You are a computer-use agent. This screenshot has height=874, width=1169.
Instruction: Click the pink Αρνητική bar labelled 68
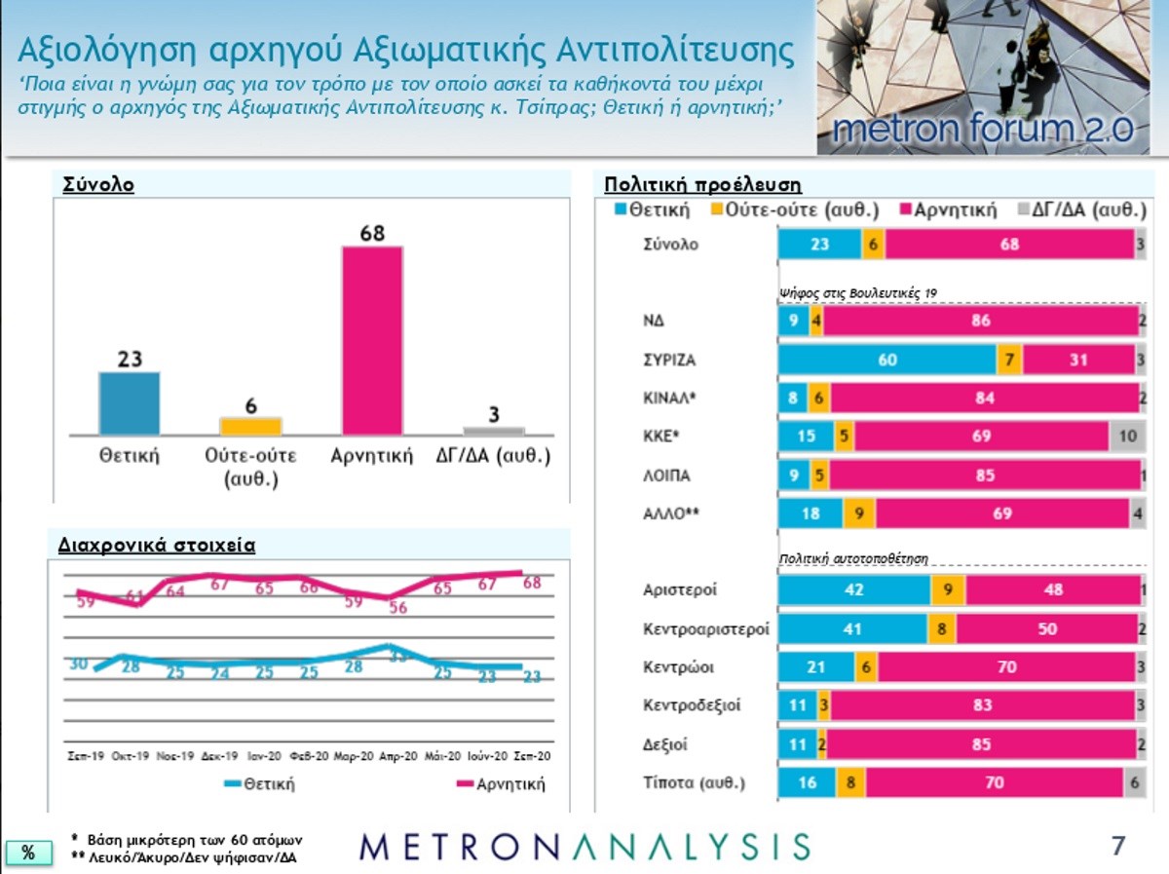371,340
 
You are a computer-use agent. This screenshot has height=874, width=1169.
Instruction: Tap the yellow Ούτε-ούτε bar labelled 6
250,426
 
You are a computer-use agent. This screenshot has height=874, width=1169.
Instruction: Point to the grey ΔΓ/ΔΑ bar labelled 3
493,430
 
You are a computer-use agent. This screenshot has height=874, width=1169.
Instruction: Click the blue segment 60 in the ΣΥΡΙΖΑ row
887,360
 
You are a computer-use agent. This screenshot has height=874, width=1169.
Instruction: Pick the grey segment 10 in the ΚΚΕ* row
1127,437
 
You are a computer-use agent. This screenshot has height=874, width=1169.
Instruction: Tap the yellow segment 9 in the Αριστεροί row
948,589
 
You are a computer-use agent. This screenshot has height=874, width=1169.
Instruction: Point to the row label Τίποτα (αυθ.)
694,782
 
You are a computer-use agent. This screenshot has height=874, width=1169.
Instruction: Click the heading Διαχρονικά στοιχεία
158,546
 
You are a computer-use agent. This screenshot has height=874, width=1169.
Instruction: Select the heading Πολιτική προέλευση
702,184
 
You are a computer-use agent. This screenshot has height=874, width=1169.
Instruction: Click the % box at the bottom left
28,853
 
